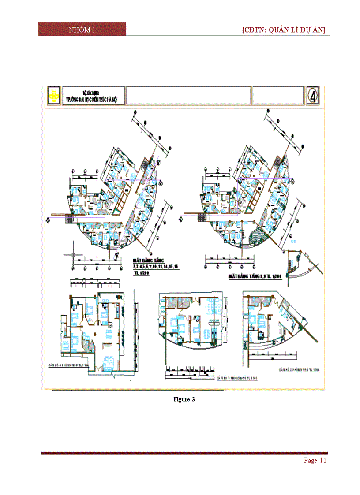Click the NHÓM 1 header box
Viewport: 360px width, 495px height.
(x=82, y=30)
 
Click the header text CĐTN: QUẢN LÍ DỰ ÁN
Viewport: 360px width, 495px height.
(x=284, y=30)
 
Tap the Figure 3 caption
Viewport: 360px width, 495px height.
(x=184, y=399)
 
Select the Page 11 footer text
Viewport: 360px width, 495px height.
(x=315, y=461)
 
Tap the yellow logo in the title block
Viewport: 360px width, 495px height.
(x=54, y=95)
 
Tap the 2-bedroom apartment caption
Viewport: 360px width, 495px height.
(x=301, y=370)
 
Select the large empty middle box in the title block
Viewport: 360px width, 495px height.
(x=188, y=95)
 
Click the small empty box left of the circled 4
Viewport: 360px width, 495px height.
(x=278, y=95)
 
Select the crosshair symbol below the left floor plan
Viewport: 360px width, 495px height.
(x=73, y=255)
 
